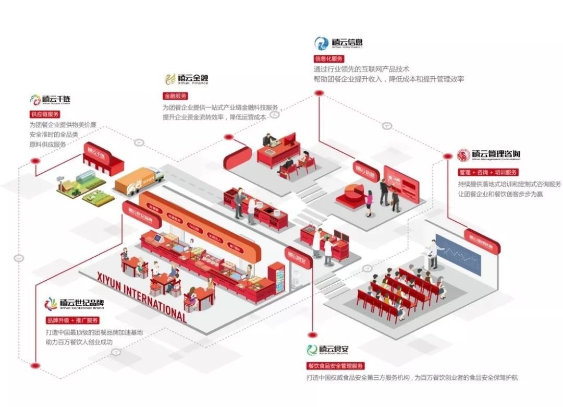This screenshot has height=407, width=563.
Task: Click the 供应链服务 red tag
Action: (45, 114)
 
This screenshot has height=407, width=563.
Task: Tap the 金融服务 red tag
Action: (175, 96)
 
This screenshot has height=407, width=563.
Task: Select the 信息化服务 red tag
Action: (328, 58)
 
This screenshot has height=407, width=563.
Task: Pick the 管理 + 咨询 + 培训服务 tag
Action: (488, 172)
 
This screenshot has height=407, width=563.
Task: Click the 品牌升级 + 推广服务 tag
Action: (72, 320)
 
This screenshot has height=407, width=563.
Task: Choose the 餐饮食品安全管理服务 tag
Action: (335, 366)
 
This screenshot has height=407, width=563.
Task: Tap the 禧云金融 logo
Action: (186, 79)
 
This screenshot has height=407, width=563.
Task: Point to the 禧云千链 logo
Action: (50, 99)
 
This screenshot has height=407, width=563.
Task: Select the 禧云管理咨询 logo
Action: (488, 155)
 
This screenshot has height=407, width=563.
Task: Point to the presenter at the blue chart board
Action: (433, 254)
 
